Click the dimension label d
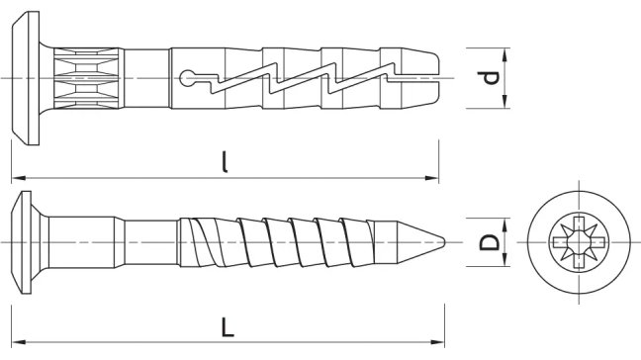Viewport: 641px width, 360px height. [489, 78]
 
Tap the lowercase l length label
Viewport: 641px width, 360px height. [225, 162]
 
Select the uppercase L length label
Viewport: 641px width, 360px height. [228, 327]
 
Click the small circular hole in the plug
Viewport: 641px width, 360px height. [187, 78]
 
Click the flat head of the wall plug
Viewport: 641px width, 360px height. [26, 78]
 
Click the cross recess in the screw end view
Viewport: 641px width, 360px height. [578, 242]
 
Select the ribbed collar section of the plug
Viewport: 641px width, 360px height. [88, 78]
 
